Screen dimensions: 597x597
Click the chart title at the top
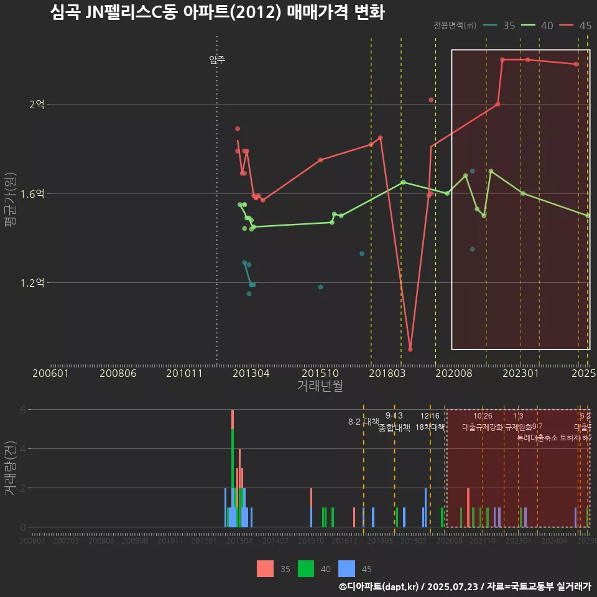[217, 12]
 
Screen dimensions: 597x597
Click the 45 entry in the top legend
[585, 25]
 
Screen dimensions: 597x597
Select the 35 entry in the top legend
[509, 25]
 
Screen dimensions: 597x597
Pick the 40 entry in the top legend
[547, 25]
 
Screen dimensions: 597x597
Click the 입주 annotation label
[217, 60]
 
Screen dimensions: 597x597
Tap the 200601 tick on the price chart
[50, 374]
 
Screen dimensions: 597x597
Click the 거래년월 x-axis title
[320, 386]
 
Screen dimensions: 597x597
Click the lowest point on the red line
[410, 349]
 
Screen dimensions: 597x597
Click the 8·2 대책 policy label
[364, 422]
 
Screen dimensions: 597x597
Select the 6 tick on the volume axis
[22, 410]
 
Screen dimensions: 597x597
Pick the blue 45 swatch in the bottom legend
[347, 569]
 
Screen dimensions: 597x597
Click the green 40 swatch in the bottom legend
[307, 569]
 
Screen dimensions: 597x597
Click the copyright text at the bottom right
[465, 586]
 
